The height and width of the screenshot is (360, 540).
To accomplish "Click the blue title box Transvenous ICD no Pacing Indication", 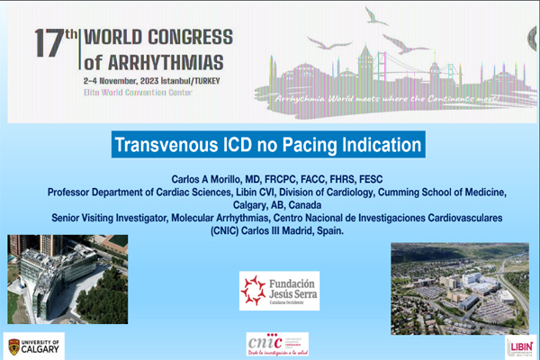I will click(x=268, y=144).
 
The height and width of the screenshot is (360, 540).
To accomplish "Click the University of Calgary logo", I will click(x=36, y=346).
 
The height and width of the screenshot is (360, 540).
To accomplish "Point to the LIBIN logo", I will click(x=519, y=346).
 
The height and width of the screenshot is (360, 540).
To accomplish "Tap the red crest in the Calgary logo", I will click(x=13, y=346).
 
